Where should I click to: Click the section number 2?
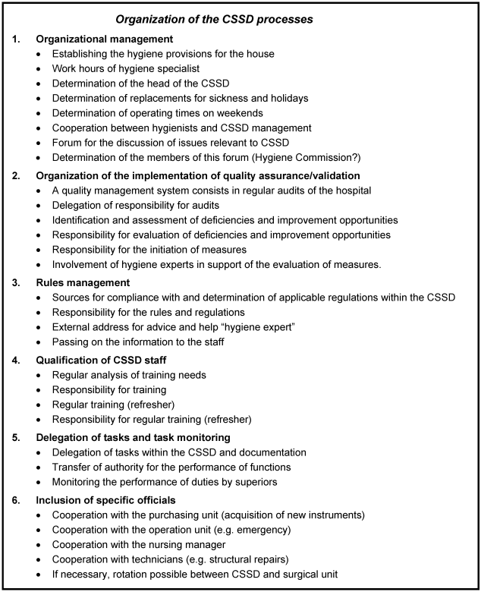[x=17, y=175]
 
